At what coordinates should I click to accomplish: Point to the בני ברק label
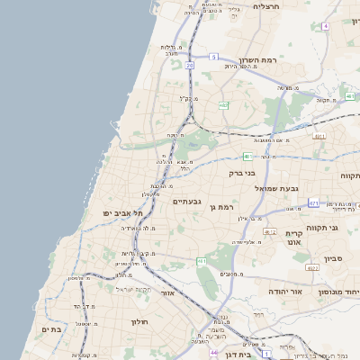pos(243,173)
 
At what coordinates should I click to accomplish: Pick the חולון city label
pos(139,321)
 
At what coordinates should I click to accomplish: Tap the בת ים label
pos(51,329)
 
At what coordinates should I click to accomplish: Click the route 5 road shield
pos(213,57)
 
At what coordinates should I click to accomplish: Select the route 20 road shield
pos(190,65)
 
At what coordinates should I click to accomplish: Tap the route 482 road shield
pos(223,105)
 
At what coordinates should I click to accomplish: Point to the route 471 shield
pos(313,203)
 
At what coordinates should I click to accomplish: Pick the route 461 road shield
pos(201,262)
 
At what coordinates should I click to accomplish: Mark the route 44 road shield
pos(214,353)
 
